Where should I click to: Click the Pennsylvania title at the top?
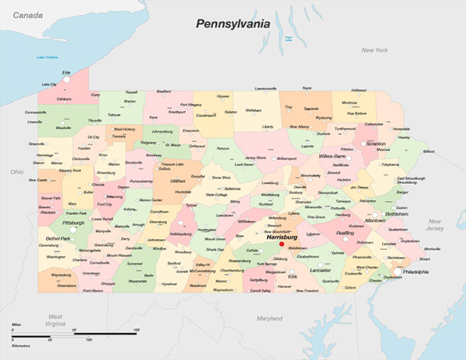[x=232, y=24]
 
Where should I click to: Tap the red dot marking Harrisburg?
[x=282, y=244]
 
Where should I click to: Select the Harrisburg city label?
[x=282, y=237]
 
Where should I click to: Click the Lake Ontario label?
[x=47, y=57]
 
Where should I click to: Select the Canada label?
[x=26, y=15]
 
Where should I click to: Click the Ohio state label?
[x=17, y=171]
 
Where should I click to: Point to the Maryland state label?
[x=270, y=318]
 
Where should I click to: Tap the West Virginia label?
[x=55, y=320]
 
